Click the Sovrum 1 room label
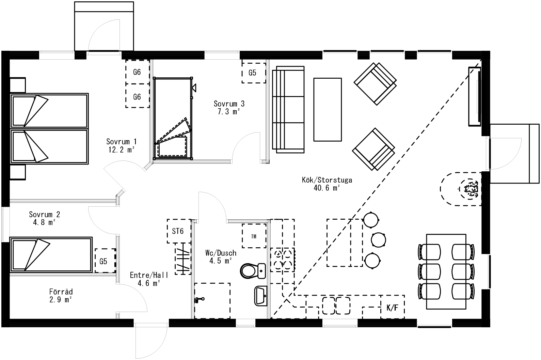(121, 145)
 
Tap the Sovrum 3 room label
(229, 108)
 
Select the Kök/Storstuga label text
(327, 180)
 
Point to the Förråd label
(61, 292)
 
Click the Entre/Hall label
(149, 275)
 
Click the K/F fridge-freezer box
(393, 307)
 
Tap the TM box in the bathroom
(254, 236)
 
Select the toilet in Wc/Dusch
(253, 271)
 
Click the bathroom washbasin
(260, 296)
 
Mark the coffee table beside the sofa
(328, 109)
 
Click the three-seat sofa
(288, 109)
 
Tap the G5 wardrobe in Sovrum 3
(254, 73)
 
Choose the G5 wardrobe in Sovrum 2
(105, 261)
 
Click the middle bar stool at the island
(379, 240)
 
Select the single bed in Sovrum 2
(51, 255)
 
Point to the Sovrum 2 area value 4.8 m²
(44, 222)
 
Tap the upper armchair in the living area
(375, 84)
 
